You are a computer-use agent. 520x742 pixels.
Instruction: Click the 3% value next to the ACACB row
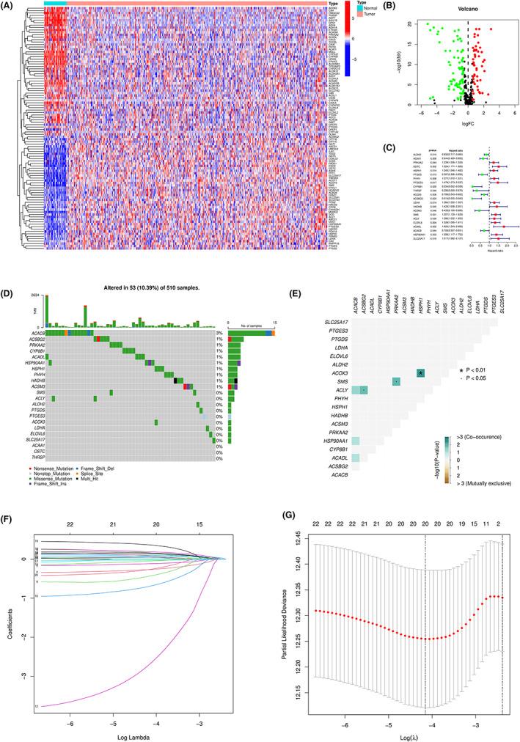coord(219,312)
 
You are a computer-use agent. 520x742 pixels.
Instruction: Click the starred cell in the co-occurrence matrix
coord(421,353)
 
